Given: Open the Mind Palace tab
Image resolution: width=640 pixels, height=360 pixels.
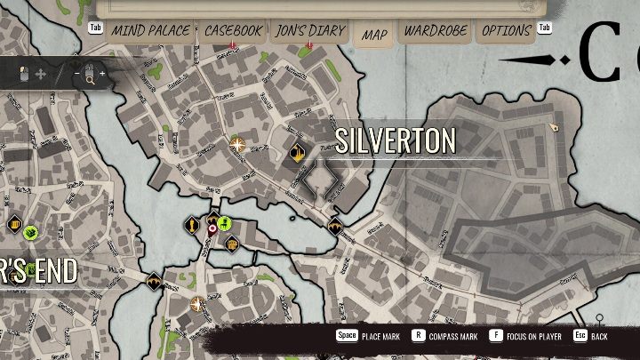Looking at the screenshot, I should pos(149,31).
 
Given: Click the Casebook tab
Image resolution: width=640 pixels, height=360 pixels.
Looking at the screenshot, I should pos(233,31).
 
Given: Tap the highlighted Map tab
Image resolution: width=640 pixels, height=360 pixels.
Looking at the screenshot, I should pos(374,35).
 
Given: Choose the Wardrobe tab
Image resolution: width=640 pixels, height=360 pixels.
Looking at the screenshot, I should pos(436,31).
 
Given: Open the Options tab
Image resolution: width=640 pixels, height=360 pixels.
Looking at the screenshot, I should pos(506,31).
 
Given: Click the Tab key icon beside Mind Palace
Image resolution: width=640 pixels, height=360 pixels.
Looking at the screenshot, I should pos(95,28).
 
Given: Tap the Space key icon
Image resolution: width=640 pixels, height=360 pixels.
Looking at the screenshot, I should pos(346,336).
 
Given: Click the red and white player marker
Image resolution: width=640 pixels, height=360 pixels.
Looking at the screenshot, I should pos(212,229).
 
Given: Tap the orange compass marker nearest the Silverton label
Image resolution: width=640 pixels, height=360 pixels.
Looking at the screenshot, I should pos(237,143).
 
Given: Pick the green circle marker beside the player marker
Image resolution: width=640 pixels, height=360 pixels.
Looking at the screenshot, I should pos(224,223).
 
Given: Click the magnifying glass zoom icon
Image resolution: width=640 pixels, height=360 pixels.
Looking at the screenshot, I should pos(90,75).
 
